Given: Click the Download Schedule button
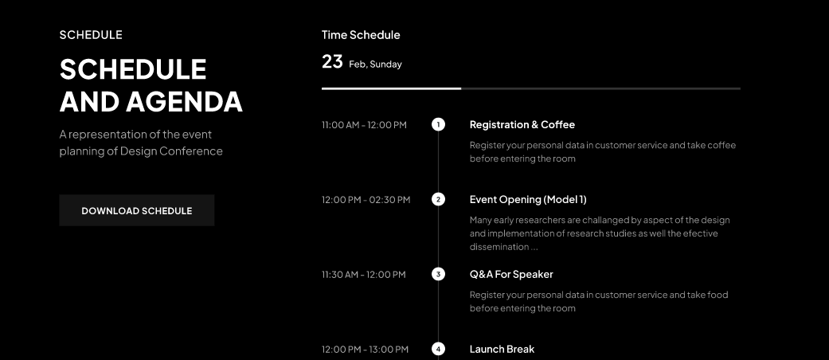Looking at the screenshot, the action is [137, 210].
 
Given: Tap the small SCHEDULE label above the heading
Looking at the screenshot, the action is [91, 35].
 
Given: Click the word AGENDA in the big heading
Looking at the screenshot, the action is [184, 101].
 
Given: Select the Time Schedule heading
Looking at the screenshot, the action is [361, 35].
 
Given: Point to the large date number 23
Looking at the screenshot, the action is [332, 62].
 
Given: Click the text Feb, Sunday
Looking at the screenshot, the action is [375, 65].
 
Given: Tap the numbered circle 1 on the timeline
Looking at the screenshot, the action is [438, 125].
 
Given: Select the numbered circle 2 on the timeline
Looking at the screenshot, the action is [438, 199].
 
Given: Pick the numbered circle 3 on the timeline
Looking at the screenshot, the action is [438, 274].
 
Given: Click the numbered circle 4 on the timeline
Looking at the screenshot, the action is [438, 349].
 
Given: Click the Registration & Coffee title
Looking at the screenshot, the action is [522, 125].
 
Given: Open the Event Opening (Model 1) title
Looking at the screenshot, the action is [528, 199].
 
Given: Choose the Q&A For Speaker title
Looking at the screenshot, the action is [511, 274].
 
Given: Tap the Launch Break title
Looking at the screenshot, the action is [502, 349].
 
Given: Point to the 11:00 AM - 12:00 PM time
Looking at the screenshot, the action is [364, 125].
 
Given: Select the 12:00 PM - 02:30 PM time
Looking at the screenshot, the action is [366, 200].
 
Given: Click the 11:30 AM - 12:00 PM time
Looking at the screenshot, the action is [364, 274].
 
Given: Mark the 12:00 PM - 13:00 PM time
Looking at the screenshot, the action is [365, 350].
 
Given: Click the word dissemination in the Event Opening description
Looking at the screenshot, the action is [499, 247].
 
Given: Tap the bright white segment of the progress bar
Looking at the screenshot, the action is [391, 88].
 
